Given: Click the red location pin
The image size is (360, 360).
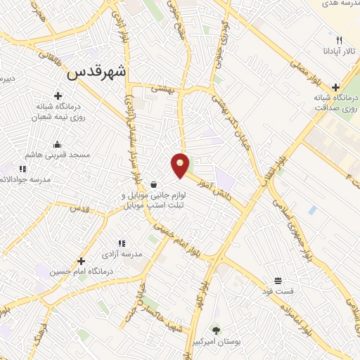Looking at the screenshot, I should point(181,165).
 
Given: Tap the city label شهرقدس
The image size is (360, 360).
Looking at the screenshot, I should point(98,72).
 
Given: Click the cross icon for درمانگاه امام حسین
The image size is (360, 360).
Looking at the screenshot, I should point(82,261).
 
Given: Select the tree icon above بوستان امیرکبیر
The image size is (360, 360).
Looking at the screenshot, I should point(216,330).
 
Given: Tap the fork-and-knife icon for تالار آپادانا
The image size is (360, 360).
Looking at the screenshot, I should point(339,41).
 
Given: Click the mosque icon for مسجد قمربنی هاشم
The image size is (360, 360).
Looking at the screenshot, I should point(57,145).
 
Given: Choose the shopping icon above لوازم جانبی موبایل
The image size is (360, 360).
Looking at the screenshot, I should point(153,183).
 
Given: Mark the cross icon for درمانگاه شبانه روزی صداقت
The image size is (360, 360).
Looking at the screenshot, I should point(335,86).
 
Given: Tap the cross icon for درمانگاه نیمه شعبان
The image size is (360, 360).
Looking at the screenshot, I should point(58,96).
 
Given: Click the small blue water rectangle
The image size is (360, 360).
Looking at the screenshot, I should point(311,210).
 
